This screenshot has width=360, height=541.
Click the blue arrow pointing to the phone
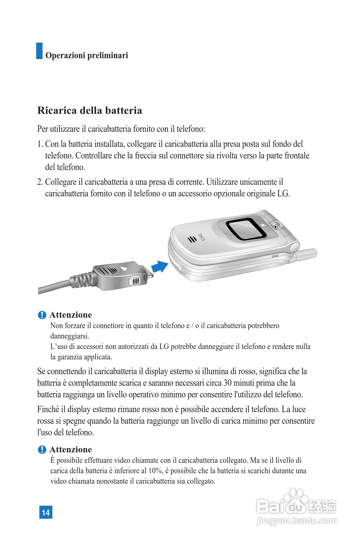coord(159,266)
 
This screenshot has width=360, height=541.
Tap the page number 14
coord(46,512)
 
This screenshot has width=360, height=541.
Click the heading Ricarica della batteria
coord(90,110)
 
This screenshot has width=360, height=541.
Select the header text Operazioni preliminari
coord(87,55)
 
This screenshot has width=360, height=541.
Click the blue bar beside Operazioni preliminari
coord(39,51)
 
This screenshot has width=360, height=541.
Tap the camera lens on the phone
coord(275,226)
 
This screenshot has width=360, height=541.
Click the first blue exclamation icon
coord(42,315)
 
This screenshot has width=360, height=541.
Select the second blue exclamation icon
coord(42,449)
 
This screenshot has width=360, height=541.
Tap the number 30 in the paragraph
coord(227,383)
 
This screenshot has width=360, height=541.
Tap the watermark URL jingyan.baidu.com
coord(297,521)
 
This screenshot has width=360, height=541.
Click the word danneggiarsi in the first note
coord(70,336)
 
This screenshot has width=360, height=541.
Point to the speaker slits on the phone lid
coord(192,239)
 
